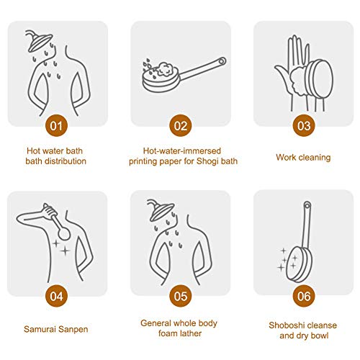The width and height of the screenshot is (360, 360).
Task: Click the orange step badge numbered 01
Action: coord(56,125)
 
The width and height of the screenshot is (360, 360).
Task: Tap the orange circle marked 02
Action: coord(181,125)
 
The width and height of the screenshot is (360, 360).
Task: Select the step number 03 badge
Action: coord(304,125)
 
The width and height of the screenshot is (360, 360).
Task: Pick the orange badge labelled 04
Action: coord(56,296)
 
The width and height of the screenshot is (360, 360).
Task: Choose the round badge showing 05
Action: coord(181,296)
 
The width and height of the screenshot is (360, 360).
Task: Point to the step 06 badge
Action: coord(304,296)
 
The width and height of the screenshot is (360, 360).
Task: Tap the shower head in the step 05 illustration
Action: coord(160,210)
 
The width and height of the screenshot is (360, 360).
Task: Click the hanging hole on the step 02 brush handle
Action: coord(222,61)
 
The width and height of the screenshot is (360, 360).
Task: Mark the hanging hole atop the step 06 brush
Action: coord(307,205)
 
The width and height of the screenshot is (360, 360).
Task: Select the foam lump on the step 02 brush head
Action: coord(164,69)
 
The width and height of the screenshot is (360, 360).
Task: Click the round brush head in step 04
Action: coord(64,233)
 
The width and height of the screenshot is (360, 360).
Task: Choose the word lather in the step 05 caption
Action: coord(191,333)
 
